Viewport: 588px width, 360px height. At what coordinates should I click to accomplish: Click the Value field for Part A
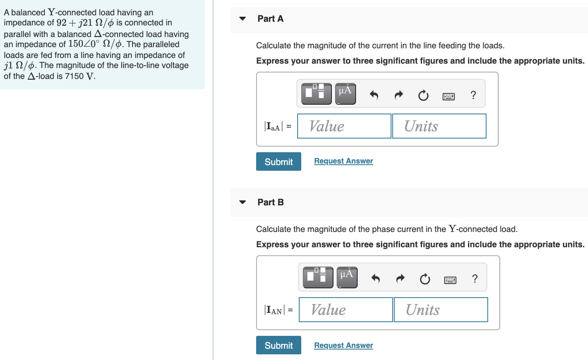tap(344, 126)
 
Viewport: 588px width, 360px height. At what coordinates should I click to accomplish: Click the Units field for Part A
tap(439, 126)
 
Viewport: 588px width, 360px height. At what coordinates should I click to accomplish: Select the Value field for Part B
tap(346, 310)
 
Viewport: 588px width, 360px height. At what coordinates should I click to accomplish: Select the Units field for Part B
tap(441, 310)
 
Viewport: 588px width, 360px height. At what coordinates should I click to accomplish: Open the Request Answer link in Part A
tap(344, 161)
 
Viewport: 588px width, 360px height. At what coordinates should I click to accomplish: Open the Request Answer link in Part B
tap(344, 346)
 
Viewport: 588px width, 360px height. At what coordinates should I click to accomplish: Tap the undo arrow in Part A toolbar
tap(374, 95)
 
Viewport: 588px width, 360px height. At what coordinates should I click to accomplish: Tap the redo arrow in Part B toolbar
tap(400, 279)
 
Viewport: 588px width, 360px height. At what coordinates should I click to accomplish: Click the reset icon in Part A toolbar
tap(423, 95)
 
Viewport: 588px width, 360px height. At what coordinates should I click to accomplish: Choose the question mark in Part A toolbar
tap(473, 95)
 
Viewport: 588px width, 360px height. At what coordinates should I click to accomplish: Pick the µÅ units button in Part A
tap(346, 94)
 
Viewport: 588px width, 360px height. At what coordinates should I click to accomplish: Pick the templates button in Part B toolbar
tap(318, 277)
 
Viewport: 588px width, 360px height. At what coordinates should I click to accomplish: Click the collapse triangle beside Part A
tap(242, 19)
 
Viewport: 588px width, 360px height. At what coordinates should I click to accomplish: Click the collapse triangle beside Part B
tap(242, 202)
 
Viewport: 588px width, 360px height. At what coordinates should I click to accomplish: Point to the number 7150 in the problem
tap(74, 76)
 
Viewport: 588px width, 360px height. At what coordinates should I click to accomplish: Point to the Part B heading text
tap(271, 202)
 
